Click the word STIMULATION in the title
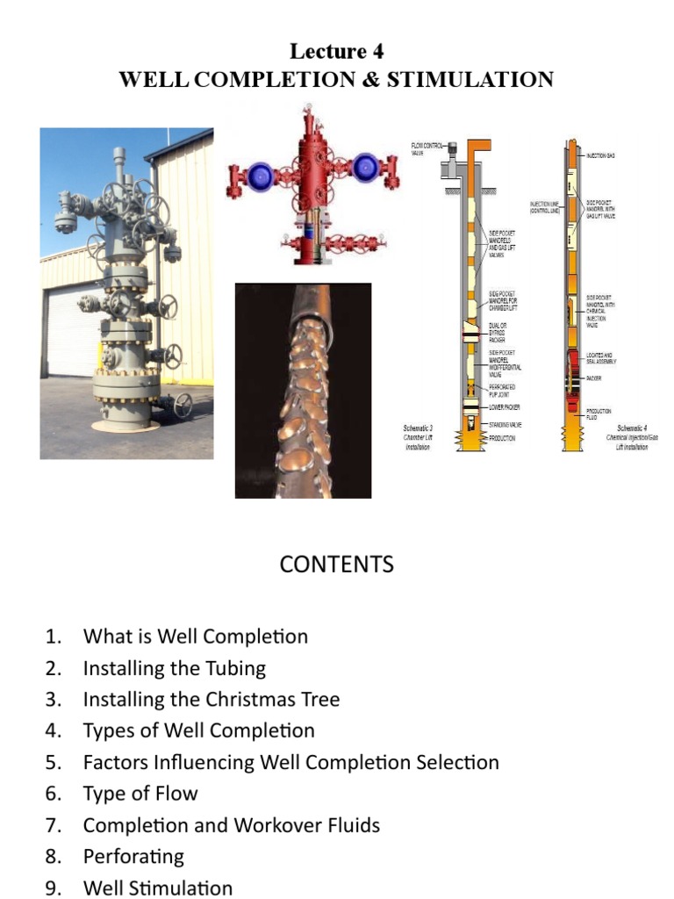470,80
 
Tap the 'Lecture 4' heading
336,52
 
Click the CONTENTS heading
336,564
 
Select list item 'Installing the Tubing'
174,668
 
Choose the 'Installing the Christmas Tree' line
211,700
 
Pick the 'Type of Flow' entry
140,794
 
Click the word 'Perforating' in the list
133,856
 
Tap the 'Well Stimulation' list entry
158,888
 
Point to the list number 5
54,762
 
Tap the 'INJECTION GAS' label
600,155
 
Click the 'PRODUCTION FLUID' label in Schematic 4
599,414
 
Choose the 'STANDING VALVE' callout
505,423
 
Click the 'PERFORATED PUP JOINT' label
503,390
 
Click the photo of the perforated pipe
303,390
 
